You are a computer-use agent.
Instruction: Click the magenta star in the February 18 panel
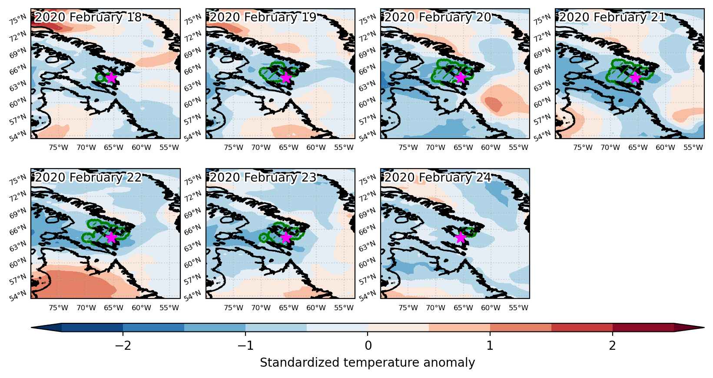tap(111, 77)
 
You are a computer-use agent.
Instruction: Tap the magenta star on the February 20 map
tap(461, 77)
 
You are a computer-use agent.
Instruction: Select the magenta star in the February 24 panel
tap(461, 237)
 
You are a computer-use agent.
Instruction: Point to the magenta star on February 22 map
tap(111, 237)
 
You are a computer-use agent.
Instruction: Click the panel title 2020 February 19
tap(263, 17)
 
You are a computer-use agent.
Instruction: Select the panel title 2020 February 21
tap(613, 17)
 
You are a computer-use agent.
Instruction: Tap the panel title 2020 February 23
tap(263, 177)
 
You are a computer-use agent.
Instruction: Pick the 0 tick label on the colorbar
tap(368, 345)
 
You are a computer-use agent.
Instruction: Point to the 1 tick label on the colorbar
tap(490, 345)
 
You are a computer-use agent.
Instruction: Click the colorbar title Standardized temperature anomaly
tap(367, 363)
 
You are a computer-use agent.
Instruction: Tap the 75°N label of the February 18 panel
tap(18, 20)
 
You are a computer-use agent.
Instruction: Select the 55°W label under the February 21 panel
tap(693, 148)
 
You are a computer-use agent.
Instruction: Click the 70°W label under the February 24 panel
tap(435, 308)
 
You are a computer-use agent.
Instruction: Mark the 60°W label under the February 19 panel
tap(316, 148)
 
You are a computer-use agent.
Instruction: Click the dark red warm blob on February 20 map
tap(494, 104)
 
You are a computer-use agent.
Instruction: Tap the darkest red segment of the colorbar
tap(643, 328)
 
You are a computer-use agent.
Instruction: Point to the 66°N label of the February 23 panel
tap(192, 229)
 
